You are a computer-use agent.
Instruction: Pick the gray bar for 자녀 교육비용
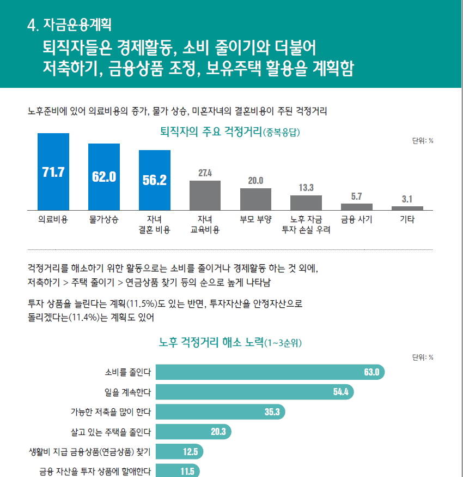point(205,195)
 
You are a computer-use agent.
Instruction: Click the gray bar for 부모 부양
point(255,199)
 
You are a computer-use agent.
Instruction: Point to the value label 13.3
point(306,188)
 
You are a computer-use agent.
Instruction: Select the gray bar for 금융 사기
point(357,207)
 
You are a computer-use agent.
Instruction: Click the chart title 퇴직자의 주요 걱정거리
point(210,132)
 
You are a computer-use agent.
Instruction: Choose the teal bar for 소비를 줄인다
point(270,372)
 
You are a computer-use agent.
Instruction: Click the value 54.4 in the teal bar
point(341,392)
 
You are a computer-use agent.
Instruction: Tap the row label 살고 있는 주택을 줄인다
point(111,432)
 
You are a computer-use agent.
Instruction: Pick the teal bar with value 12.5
point(179,451)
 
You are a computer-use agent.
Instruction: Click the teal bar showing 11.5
point(178,471)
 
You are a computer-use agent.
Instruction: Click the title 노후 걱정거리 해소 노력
point(210,343)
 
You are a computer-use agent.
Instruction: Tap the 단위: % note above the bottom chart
point(423,357)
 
